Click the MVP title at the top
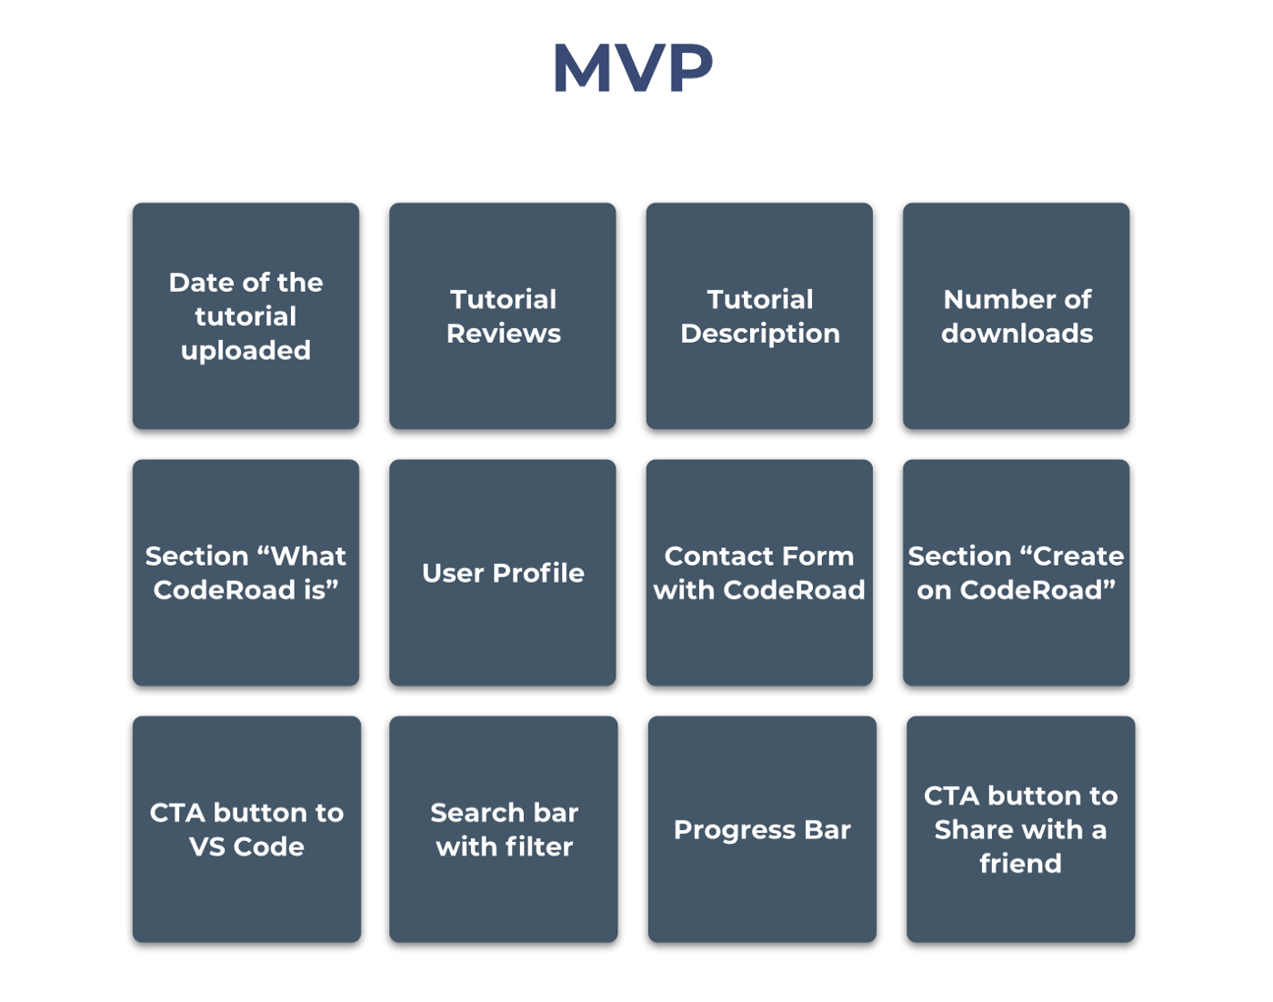[633, 68]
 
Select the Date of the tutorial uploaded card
[246, 316]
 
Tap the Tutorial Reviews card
[503, 316]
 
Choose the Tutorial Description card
[759, 316]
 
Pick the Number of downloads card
[1016, 316]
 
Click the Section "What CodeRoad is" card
[246, 572]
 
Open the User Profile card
[503, 572]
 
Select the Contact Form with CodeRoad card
[759, 572]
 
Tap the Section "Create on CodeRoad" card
[1016, 572]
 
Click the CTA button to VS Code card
[246, 828]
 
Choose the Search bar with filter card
[504, 828]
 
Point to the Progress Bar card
[762, 828]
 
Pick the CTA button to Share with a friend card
[1020, 828]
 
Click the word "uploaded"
[246, 351]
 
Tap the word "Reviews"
[504, 334]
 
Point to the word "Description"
[760, 334]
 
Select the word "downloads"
[1017, 334]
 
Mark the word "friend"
[1020, 863]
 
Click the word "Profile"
[538, 573]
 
